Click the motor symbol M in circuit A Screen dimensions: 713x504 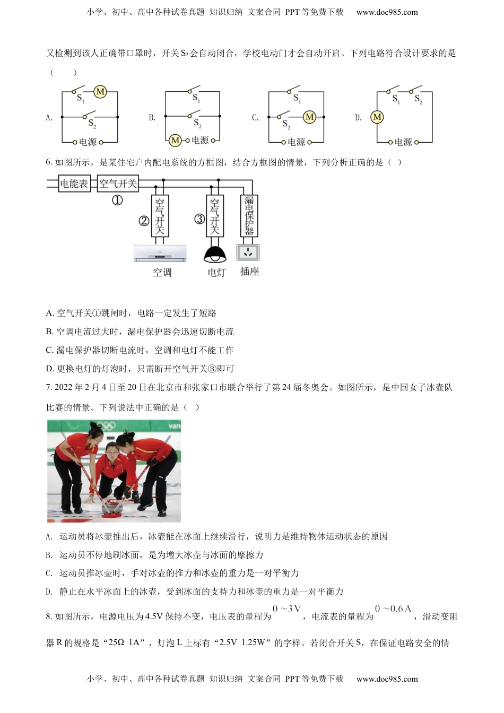[100, 92]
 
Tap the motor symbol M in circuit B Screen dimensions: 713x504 [175, 141]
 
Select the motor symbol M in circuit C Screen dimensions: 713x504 [309, 117]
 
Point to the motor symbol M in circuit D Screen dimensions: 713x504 [377, 117]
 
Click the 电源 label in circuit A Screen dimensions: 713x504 [88, 142]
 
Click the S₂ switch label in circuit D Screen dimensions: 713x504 [418, 99]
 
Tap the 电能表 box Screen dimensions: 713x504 [74, 184]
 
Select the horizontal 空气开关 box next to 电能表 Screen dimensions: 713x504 [118, 184]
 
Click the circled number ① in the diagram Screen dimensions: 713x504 [117, 200]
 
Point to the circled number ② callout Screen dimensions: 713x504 [144, 221]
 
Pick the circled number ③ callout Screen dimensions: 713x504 [199, 219]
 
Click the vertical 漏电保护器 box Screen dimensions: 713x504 [249, 215]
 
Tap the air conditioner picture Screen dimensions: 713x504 [160, 254]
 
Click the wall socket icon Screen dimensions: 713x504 [248, 252]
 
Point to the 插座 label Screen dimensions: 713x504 [249, 272]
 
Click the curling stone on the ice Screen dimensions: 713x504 [112, 508]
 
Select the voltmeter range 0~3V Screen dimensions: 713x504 [287, 608]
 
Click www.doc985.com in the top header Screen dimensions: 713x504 [387, 12]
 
